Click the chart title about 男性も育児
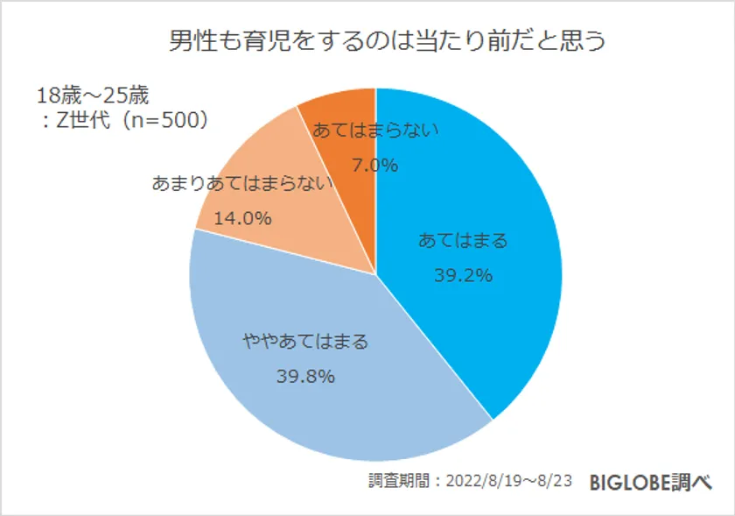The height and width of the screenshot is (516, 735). click(x=375, y=42)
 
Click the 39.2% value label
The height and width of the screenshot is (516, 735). click(x=463, y=275)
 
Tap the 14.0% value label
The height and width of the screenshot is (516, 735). click(x=242, y=218)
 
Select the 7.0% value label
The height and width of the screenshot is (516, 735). click(x=375, y=165)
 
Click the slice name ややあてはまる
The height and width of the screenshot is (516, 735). click(x=305, y=342)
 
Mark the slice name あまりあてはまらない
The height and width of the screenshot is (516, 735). click(x=242, y=183)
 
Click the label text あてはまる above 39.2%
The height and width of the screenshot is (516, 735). click(x=463, y=240)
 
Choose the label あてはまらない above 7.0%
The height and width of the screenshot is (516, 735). click(x=375, y=131)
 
